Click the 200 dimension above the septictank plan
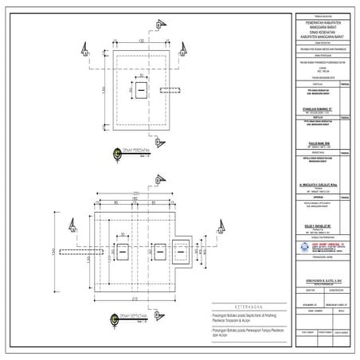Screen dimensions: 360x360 (x=135, y=194)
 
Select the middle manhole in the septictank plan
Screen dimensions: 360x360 (x=157, y=252)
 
